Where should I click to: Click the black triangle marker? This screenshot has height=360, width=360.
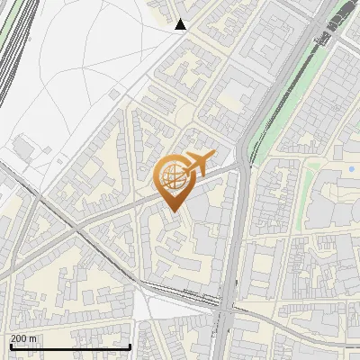(181, 24)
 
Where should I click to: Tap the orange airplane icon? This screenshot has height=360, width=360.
(200, 162)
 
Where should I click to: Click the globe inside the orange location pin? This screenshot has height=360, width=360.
(175, 177)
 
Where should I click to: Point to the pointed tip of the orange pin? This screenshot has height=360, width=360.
(175, 211)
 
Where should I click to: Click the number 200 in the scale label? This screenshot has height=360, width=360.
(19, 338)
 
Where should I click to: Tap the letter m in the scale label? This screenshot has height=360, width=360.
(32, 338)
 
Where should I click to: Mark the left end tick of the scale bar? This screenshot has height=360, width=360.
(10, 346)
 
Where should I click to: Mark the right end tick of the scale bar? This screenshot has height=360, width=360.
(130, 346)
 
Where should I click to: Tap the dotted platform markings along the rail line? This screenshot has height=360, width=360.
(180, 292)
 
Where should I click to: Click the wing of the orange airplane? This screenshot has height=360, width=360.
(203, 158)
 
